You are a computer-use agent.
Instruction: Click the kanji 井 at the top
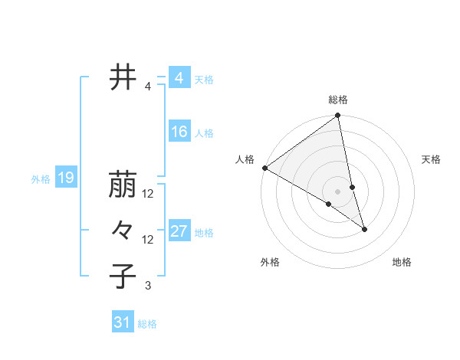[123, 78]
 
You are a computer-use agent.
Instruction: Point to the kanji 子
[123, 276]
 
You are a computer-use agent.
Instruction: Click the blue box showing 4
[179, 78]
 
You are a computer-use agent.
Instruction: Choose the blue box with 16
[179, 132]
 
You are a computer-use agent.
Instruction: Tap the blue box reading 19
[65, 178]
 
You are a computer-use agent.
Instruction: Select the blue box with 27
[179, 231]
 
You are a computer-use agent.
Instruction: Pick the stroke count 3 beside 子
[148, 286]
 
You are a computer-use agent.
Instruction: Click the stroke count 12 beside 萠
[148, 194]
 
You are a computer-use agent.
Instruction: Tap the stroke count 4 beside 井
[148, 87]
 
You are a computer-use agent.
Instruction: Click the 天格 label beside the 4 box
[204, 80]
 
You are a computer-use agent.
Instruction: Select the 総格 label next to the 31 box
[147, 324]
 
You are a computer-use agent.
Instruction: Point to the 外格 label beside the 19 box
[41, 180]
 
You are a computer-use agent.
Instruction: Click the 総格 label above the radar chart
[338, 100]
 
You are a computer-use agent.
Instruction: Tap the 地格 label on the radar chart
[402, 262]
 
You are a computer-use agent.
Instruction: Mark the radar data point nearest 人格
[264, 168]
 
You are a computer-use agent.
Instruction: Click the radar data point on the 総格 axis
[337, 116]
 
